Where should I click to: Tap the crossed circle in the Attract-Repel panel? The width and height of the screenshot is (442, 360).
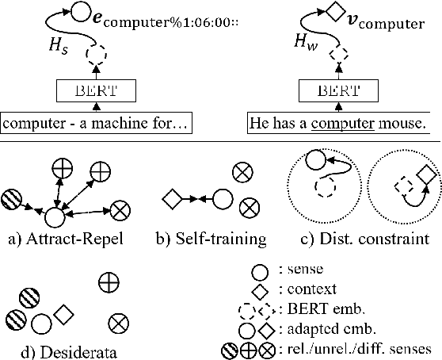(x=121, y=209)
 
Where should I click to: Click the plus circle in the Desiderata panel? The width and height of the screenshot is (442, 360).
(x=109, y=281)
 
